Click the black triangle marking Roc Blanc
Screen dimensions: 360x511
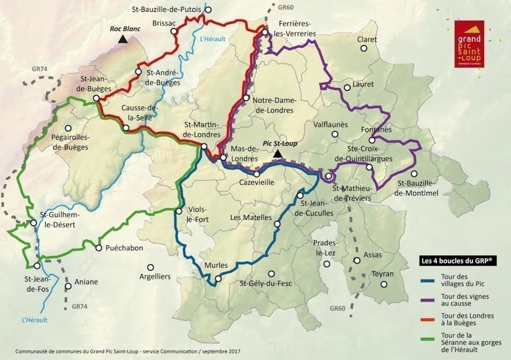tap(123, 39)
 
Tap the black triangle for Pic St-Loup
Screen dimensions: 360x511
tap(278, 154)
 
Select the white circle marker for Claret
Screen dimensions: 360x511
tap(364, 48)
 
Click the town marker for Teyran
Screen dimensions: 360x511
tap(384, 284)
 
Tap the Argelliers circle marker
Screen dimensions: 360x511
tap(150, 267)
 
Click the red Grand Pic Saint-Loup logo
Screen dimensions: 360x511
tap(469, 43)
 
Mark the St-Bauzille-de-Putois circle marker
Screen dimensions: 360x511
tap(208, 9)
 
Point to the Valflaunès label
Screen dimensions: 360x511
tap(331, 125)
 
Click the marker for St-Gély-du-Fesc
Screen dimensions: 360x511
tap(271, 274)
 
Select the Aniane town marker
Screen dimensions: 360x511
tap(68, 286)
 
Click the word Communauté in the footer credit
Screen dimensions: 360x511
tap(32, 352)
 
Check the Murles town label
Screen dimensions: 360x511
tap(216, 265)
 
